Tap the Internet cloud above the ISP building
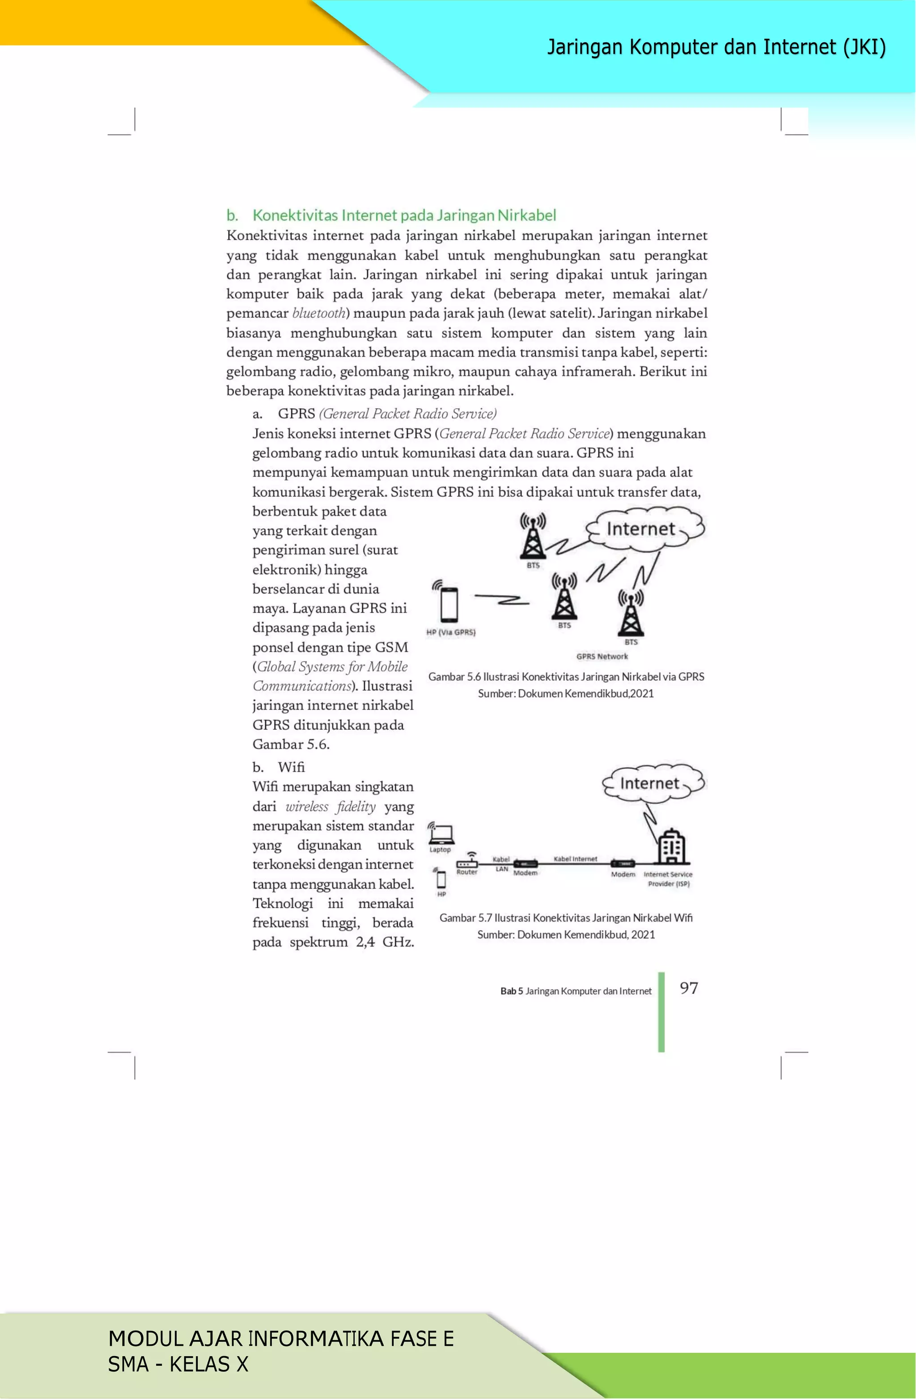pyautogui.click(x=653, y=783)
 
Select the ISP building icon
pyautogui.click(x=671, y=847)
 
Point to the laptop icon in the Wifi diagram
pyautogui.click(x=441, y=833)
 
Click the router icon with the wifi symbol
pyautogui.click(x=468, y=862)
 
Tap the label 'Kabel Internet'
pyautogui.click(x=575, y=859)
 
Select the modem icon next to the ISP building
pyautogui.click(x=623, y=863)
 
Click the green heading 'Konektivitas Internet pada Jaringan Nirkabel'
pyautogui.click(x=403, y=216)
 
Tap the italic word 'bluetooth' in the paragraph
pyautogui.click(x=318, y=313)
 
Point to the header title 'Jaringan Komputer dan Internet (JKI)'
pyautogui.click(x=716, y=47)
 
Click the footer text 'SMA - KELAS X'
pyautogui.click(x=178, y=1364)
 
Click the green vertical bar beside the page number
pyautogui.click(x=662, y=1011)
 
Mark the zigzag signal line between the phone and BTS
pyautogui.click(x=502, y=600)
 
